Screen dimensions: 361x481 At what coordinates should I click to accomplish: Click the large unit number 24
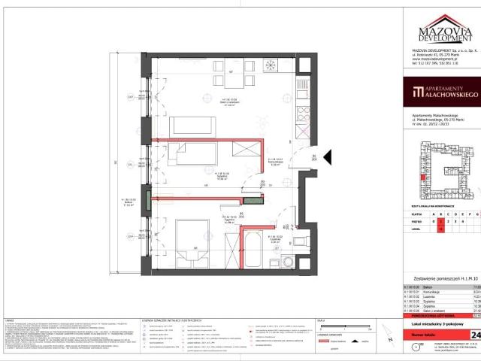coord(475,334)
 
